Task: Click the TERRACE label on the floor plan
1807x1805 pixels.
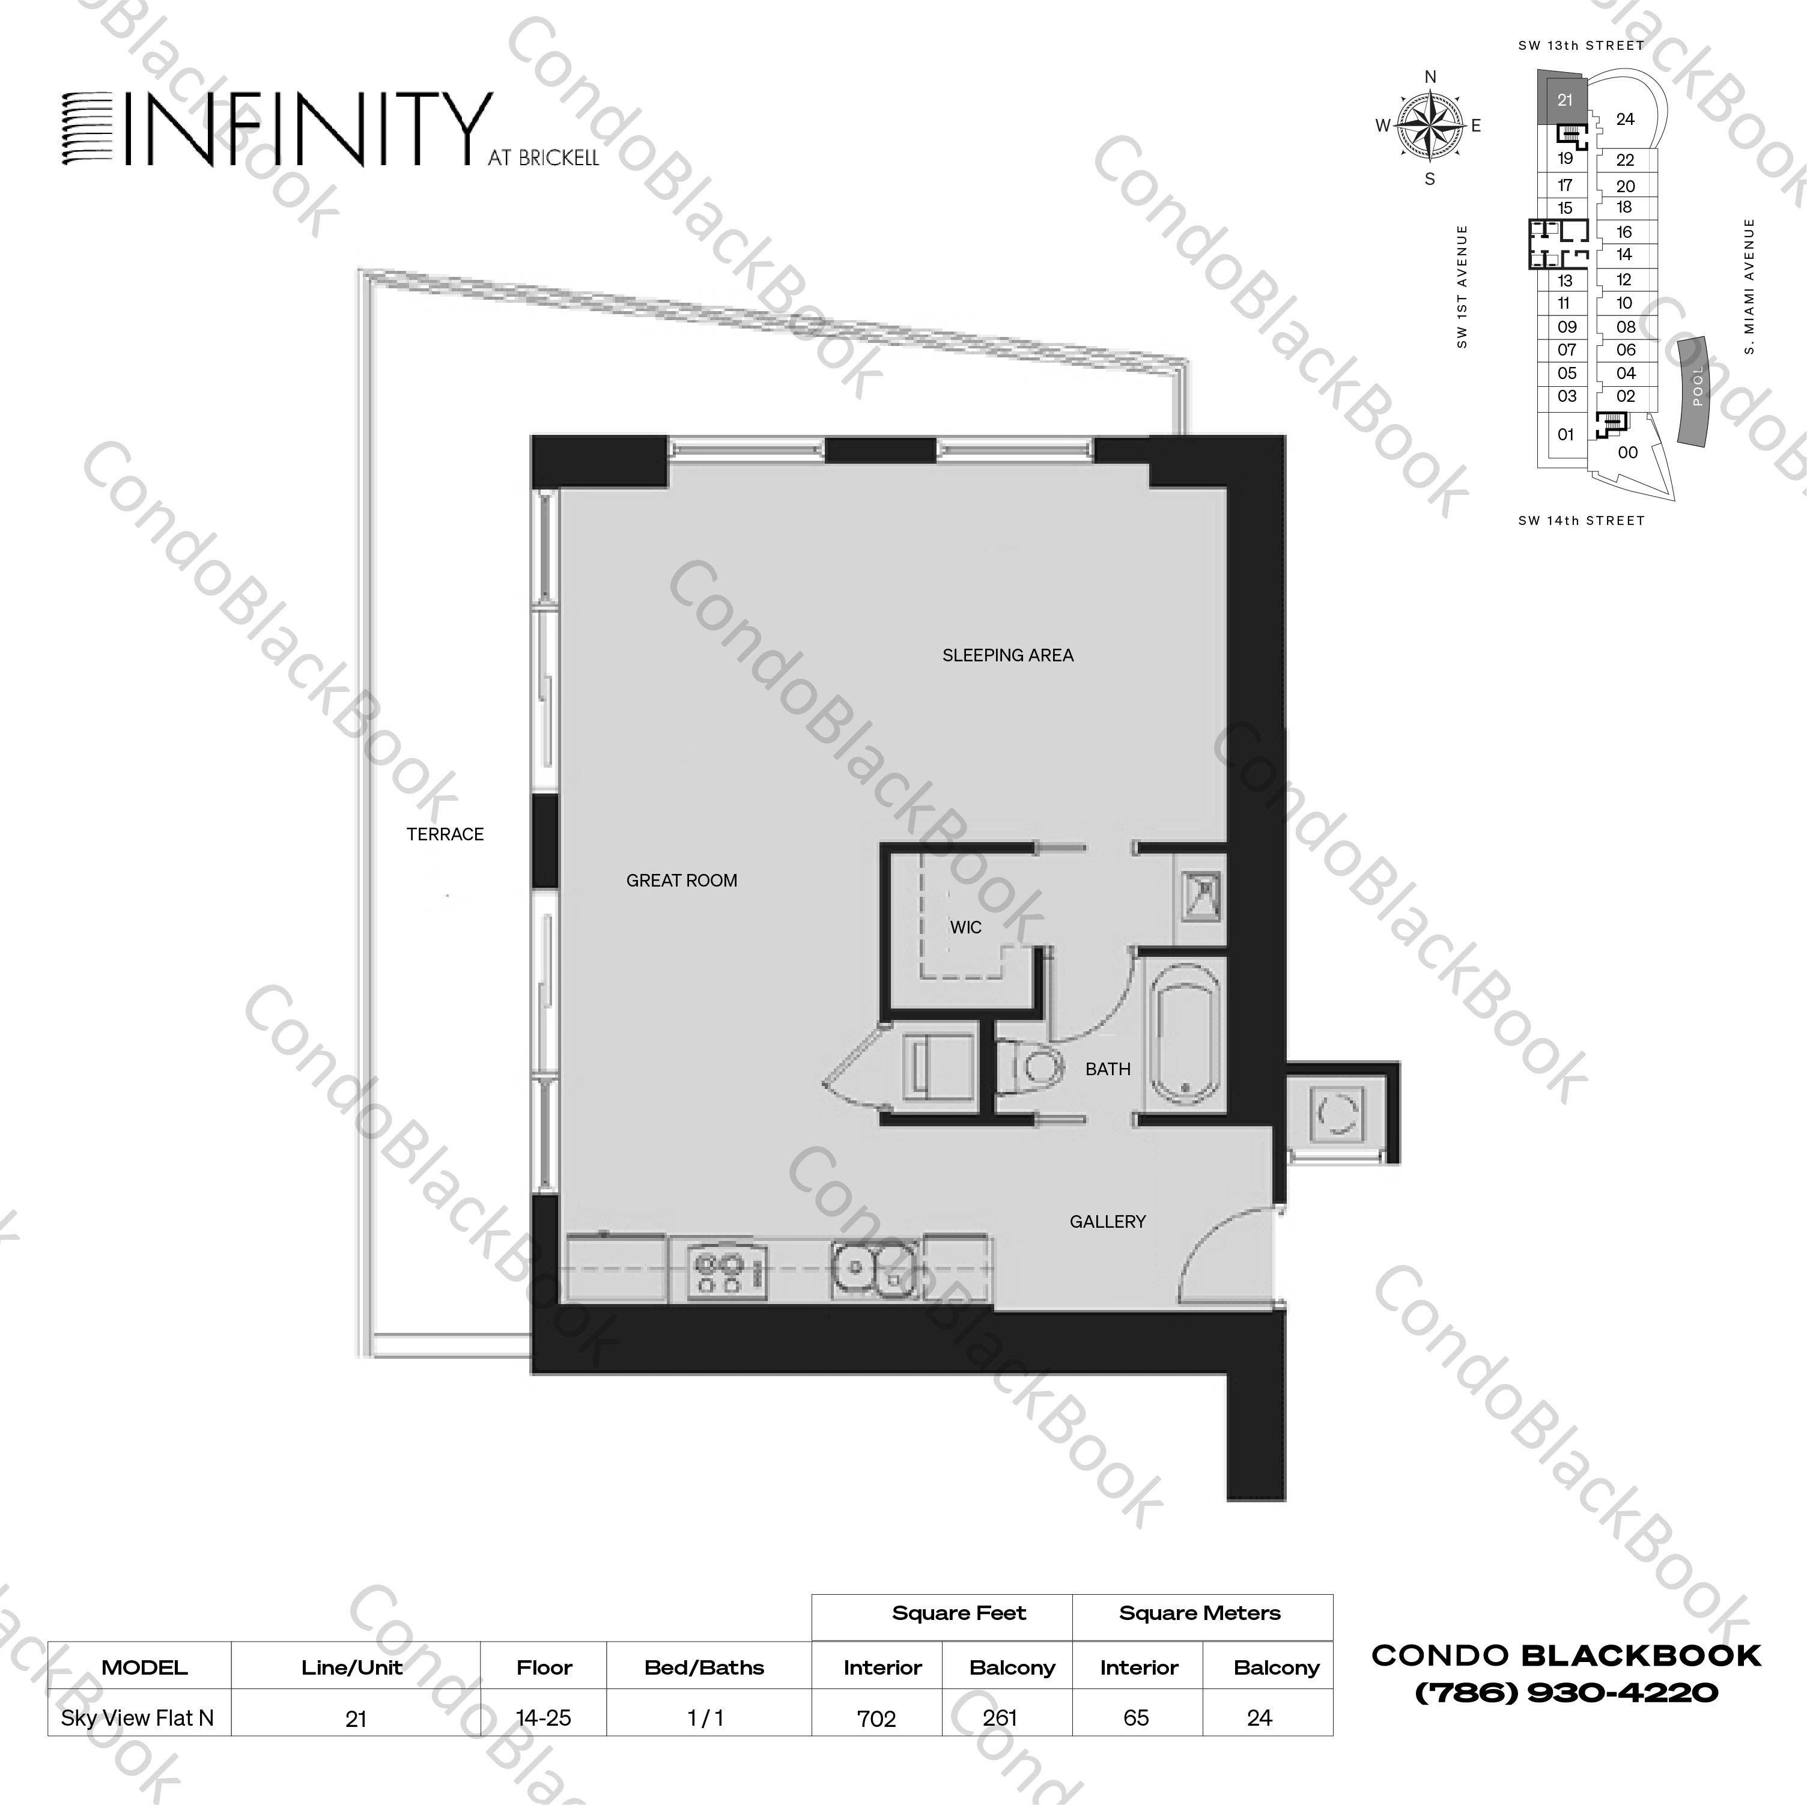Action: tap(445, 834)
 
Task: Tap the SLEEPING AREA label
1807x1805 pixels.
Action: tap(1007, 655)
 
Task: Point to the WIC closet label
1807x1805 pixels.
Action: tap(965, 927)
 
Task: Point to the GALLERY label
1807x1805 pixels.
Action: tap(1107, 1221)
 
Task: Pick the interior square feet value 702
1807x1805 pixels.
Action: tap(876, 1718)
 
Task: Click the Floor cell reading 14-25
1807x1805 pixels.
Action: tap(544, 1718)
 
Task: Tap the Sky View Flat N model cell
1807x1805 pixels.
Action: tap(138, 1718)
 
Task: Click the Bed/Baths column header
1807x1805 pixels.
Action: tap(704, 1667)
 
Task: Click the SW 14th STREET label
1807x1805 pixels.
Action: tap(1581, 521)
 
